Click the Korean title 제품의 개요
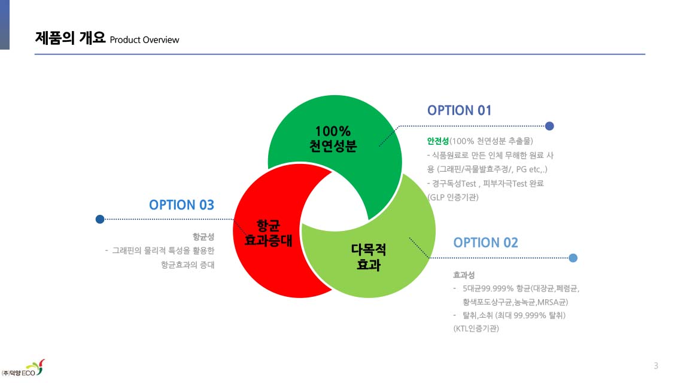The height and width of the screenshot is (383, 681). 70,38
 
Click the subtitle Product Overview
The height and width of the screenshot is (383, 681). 144,40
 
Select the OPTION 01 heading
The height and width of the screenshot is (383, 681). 459,110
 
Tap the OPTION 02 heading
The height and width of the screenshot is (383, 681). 485,243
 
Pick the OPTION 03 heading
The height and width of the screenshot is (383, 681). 181,205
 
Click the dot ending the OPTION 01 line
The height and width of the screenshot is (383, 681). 549,126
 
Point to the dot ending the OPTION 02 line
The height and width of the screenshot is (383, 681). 573,258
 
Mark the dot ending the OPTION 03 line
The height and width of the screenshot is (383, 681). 100,219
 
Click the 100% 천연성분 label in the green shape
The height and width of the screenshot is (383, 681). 333,138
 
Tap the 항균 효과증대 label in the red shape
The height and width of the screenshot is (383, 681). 269,233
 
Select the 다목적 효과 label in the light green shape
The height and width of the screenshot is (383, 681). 368,257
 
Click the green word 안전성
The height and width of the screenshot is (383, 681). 438,141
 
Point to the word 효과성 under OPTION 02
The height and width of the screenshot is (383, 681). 464,275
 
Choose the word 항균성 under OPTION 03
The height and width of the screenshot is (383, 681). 203,236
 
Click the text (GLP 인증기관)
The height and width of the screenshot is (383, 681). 453,197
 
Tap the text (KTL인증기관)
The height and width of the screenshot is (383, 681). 476,329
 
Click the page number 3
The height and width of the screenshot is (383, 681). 656,366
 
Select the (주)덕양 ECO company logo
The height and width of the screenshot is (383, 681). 23,368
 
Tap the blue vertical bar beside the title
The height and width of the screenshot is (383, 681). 5,25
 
